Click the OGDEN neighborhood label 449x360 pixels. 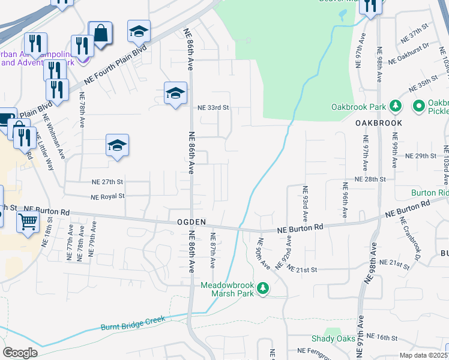pos(191,222)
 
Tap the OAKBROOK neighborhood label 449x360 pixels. pos(378,122)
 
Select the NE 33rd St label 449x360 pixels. pos(214,108)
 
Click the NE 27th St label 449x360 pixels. pos(107,182)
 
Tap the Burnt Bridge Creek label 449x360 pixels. pos(136,320)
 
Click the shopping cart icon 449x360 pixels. pos(28,222)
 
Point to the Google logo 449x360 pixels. pos(20,353)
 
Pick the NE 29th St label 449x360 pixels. pos(420,156)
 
